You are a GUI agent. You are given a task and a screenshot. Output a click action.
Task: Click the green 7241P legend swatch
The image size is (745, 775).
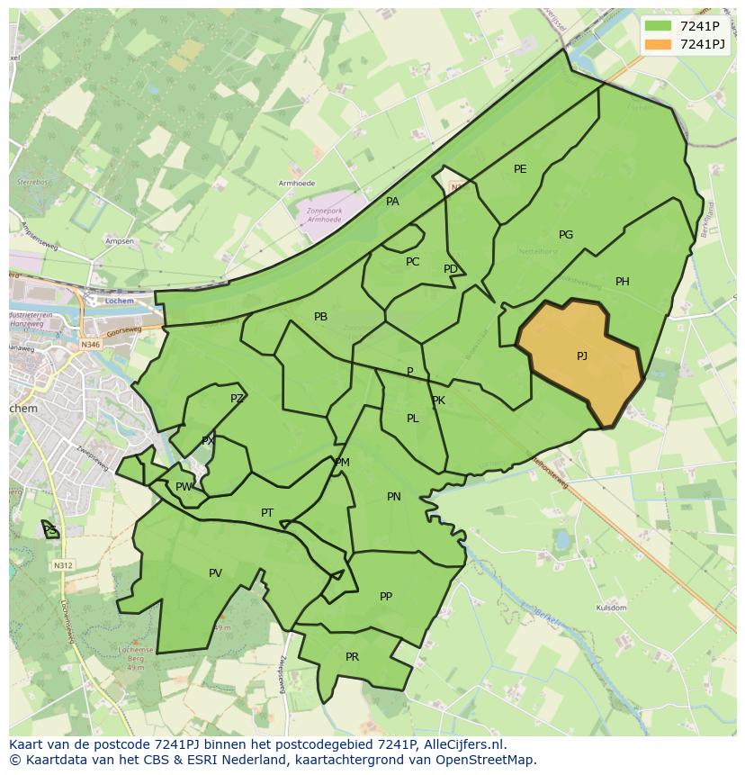coord(658,26)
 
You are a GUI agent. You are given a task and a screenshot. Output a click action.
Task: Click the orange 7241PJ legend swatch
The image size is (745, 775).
coord(658,44)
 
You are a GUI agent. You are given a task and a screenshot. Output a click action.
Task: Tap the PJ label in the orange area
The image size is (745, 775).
coord(582,356)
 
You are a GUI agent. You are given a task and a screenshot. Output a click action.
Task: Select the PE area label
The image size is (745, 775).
coord(520,169)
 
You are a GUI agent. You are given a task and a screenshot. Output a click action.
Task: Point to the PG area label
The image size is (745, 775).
coord(566,235)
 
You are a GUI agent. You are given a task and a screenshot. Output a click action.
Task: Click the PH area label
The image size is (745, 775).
coord(623,282)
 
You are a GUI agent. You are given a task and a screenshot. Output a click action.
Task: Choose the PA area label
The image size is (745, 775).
coord(392,202)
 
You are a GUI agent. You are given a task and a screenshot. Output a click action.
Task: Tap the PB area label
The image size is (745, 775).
coord(320,317)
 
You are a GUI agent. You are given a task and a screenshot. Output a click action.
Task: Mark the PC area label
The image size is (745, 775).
coord(412,262)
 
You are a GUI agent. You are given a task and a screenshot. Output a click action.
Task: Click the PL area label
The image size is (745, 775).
coord(412,419)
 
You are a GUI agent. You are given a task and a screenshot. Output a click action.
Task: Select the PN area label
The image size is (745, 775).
coord(394,497)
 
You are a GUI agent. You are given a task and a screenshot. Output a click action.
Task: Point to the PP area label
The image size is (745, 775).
coord(386,596)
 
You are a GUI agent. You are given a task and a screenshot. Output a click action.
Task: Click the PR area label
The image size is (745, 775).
coord(352,657)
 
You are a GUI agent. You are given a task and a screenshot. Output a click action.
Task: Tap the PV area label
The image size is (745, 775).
coord(215,573)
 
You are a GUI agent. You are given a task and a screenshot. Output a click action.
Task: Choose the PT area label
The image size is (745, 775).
coord(267,513)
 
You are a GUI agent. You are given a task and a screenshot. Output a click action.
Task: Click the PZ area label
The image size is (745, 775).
coord(237,399)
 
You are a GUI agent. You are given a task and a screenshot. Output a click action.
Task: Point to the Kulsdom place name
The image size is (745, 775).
coord(611,608)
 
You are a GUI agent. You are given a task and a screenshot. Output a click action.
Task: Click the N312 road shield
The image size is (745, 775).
coord(62,565)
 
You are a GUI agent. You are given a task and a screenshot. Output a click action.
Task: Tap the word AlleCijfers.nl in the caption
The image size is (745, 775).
coord(462,744)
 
